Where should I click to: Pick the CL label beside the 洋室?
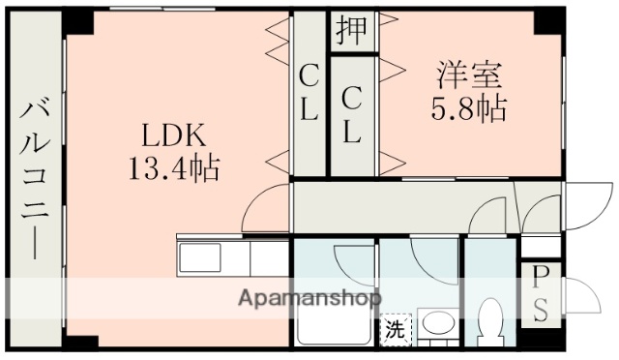[352, 116]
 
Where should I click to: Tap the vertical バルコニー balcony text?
[35, 179]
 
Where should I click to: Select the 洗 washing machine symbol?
[394, 329]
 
